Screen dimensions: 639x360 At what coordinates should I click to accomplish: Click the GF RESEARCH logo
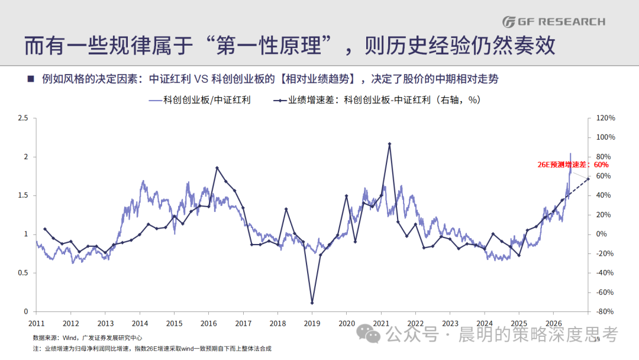(554, 21)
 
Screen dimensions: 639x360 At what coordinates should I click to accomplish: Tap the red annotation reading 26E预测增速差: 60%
(573, 165)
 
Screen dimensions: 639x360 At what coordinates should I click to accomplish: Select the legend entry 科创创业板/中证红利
(200, 100)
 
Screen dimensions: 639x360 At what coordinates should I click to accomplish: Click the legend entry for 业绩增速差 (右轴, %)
(377, 100)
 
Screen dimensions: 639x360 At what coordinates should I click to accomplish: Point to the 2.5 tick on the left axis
(23, 118)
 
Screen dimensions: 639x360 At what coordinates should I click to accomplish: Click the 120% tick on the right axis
(606, 118)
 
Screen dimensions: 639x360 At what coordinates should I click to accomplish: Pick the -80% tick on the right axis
(605, 312)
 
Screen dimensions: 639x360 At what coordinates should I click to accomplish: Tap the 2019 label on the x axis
(312, 324)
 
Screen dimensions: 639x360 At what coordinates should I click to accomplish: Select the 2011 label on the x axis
(36, 324)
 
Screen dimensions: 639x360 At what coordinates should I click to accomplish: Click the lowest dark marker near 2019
(312, 303)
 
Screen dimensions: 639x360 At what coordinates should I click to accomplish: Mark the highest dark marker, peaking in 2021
(389, 144)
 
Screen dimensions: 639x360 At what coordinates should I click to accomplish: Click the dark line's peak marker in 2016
(217, 168)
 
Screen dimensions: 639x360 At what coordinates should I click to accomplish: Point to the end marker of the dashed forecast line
(588, 179)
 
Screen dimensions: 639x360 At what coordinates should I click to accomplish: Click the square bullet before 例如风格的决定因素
(31, 79)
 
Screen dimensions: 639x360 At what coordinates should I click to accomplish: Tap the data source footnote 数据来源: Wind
(88, 337)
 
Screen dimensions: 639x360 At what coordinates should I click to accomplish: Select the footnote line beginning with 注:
(152, 349)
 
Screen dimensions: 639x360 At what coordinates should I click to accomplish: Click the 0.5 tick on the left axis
(23, 273)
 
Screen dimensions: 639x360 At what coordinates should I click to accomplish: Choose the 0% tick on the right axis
(602, 234)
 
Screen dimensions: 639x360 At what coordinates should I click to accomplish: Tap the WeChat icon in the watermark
(369, 334)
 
